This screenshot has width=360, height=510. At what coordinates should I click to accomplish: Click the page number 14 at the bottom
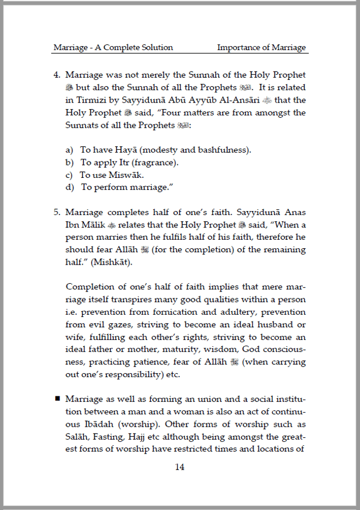tap(179, 467)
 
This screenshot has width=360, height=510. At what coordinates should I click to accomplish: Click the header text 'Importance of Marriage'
tap(262, 47)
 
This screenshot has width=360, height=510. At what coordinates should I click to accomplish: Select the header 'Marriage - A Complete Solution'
tap(113, 47)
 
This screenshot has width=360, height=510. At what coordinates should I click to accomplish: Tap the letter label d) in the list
tap(70, 187)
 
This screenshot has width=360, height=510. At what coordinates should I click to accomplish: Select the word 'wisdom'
tap(210, 349)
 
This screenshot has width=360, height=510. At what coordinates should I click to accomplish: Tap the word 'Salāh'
tap(78, 436)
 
